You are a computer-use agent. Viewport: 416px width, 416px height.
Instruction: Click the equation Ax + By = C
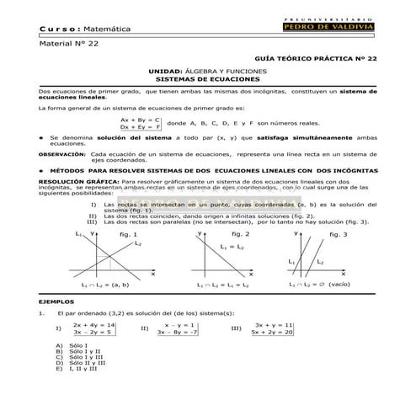(140, 120)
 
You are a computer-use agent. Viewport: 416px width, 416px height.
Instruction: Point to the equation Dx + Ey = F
(140, 127)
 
